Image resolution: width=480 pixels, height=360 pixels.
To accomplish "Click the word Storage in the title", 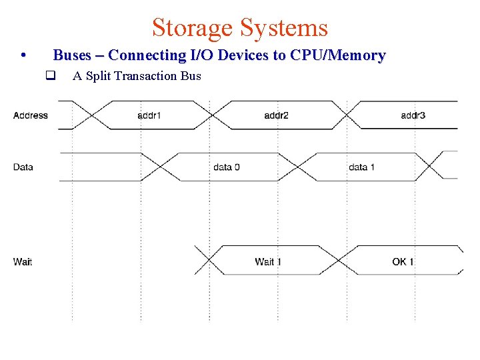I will coord(193,28).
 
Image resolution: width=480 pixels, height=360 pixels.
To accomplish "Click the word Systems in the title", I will coord(285,28).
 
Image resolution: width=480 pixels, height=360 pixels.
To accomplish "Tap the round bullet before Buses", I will coord(23,55).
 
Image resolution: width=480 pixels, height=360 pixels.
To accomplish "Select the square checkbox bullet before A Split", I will coord(49,76).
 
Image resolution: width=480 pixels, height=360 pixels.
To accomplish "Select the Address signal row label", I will coord(31,115).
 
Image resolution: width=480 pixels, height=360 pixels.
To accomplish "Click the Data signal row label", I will coord(23,167).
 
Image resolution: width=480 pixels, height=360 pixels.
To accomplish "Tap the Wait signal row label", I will coord(23,261).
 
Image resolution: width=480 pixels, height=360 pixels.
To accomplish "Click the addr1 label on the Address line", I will coord(149,115).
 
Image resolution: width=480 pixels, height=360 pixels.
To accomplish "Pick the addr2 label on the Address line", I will coord(276,115).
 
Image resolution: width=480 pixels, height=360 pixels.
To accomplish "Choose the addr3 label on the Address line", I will coord(413,115).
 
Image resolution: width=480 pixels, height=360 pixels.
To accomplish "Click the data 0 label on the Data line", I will coord(227,167).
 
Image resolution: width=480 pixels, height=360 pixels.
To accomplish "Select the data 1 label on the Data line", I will coord(361,167).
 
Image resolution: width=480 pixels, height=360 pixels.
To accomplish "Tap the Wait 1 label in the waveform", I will coord(268,261).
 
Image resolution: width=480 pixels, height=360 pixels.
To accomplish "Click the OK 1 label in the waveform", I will coord(403,261).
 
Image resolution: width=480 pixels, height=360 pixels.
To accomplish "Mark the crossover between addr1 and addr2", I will coord(211,115).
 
